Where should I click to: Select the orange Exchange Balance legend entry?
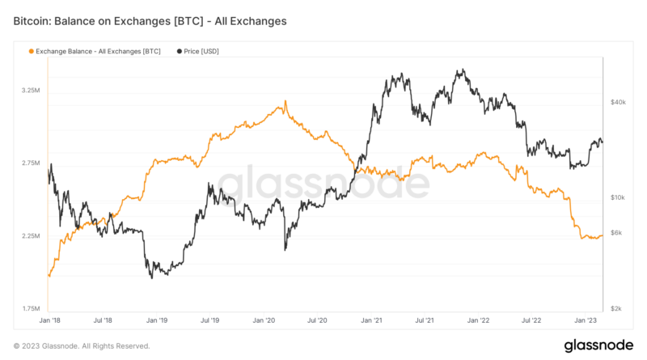(x=94, y=51)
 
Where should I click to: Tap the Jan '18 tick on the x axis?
(x=49, y=320)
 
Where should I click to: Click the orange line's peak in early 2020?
(x=285, y=102)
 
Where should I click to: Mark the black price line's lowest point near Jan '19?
(x=152, y=278)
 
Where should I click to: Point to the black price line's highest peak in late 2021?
(x=460, y=70)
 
